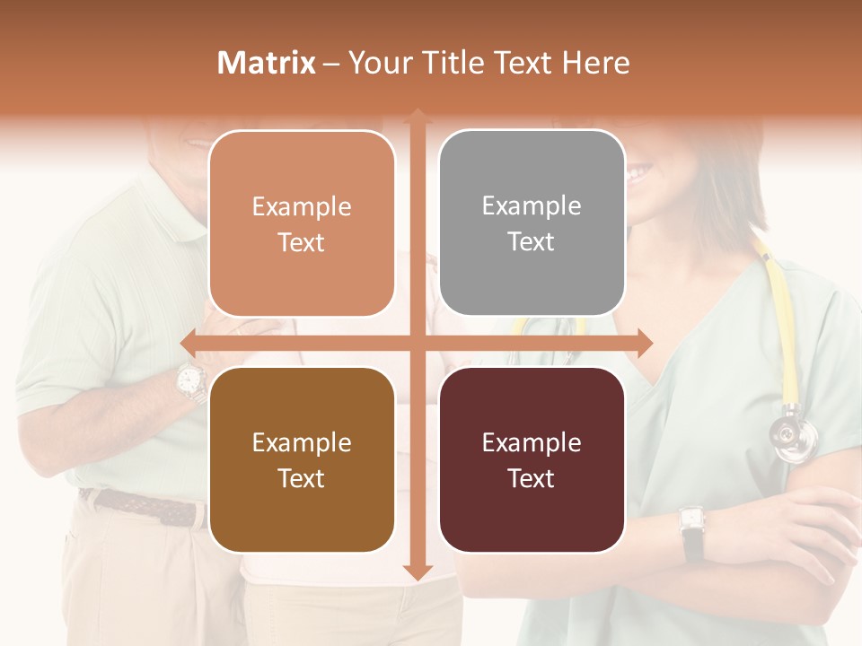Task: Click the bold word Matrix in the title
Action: coord(267,63)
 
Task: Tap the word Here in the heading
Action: coord(595,63)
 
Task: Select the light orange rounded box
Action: coord(302,223)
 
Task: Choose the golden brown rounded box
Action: coord(302,459)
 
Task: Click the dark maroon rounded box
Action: coord(532,459)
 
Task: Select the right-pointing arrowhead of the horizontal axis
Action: coord(644,342)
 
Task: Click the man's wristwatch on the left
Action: coord(189,381)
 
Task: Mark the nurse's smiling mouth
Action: coord(639,169)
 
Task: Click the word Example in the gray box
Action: coord(532,206)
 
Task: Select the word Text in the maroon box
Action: coord(532,479)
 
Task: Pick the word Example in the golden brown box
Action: coord(302,442)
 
